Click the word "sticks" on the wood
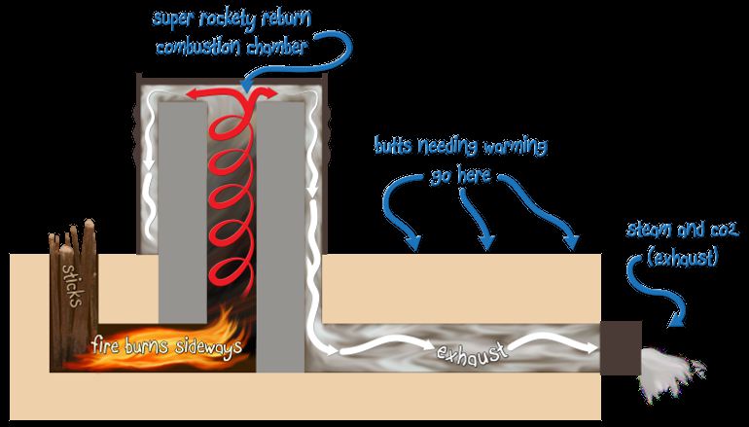coord(73,285)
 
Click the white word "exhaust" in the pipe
coord(471,352)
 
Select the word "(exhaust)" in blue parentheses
coord(683,258)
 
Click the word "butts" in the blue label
coord(395,146)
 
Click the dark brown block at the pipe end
coord(621,348)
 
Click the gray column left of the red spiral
coord(183,212)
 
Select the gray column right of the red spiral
coord(280,236)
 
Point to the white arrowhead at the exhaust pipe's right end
coord(591,348)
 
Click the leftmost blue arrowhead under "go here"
coord(411,243)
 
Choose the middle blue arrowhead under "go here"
coord(486,242)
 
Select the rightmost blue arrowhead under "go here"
coord(570,242)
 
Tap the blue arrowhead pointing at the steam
coord(676,319)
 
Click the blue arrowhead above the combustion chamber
coord(247,86)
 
